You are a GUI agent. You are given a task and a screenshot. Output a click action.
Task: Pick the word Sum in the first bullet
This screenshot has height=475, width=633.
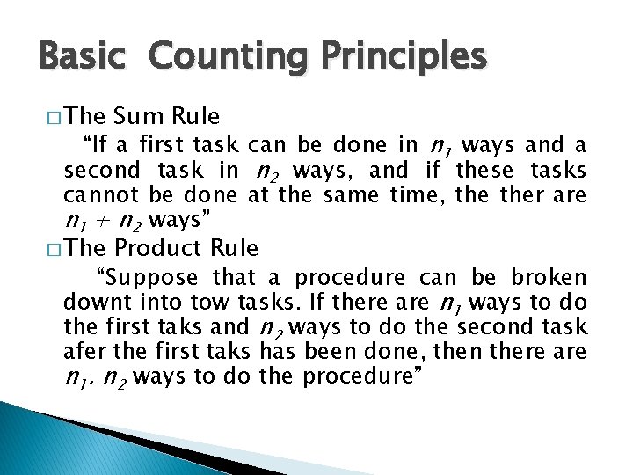point(139,116)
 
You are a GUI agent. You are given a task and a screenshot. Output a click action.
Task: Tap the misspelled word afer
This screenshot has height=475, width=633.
point(84,353)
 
